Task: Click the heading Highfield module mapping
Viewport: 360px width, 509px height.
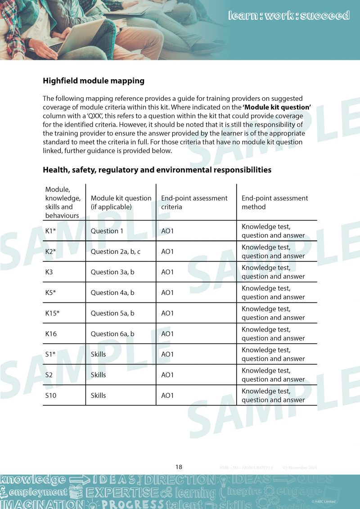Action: [94, 81]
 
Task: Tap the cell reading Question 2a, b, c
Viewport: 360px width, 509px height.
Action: [116, 252]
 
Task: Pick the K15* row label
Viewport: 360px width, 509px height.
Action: [52, 313]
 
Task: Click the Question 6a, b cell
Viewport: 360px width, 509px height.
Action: [112, 333]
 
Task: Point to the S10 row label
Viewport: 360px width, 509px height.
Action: [50, 395]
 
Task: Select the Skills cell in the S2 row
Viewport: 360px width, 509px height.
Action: [98, 375]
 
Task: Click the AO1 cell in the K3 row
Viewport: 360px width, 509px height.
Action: [167, 272]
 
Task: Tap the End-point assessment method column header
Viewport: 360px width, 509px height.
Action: [274, 203]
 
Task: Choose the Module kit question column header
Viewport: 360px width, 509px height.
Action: [121, 203]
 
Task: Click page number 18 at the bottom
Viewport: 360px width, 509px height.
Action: [179, 467]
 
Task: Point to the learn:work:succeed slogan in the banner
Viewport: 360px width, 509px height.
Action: [289, 16]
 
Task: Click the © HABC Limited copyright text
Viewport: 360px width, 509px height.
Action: [323, 501]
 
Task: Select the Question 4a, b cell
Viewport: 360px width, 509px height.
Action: [112, 293]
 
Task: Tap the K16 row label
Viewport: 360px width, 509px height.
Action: [51, 333]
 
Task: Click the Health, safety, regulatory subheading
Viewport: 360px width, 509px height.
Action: [157, 170]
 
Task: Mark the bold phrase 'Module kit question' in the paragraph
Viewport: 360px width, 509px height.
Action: [277, 107]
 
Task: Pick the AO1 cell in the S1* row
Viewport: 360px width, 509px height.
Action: [167, 354]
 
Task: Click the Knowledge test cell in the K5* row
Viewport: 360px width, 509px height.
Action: [273, 293]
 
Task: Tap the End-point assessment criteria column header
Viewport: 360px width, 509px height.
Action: [194, 203]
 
